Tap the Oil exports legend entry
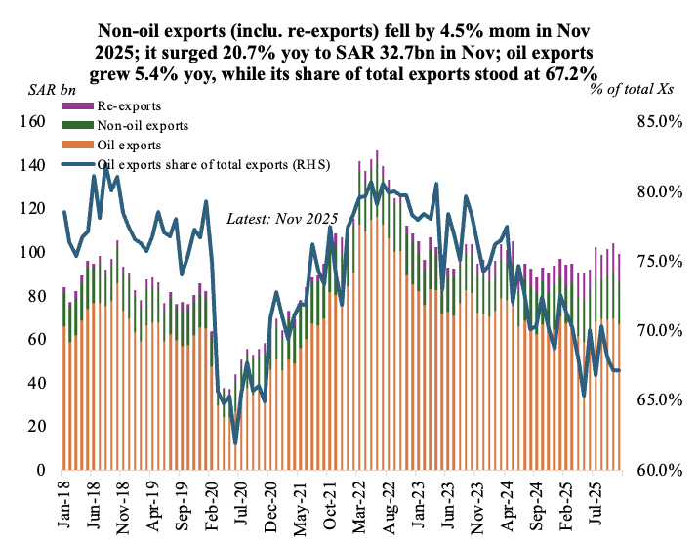point(131,145)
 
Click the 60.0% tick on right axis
point(658,470)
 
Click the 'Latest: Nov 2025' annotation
point(281,220)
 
